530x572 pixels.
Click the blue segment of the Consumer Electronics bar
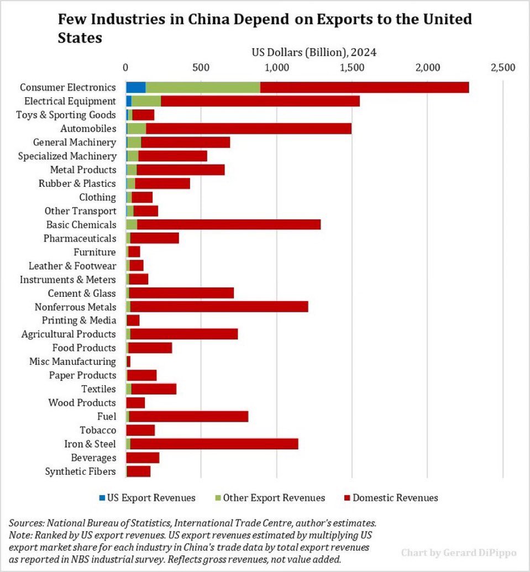(x=136, y=87)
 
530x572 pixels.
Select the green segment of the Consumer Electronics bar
(x=203, y=87)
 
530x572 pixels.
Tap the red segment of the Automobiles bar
(x=249, y=129)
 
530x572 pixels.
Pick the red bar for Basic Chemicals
(x=229, y=224)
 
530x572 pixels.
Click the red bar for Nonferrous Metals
(x=219, y=307)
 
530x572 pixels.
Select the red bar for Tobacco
(x=140, y=430)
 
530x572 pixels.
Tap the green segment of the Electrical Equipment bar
(x=146, y=101)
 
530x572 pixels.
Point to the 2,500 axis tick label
(x=502, y=67)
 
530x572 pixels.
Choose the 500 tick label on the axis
(x=201, y=67)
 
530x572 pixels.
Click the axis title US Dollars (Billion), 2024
(x=314, y=53)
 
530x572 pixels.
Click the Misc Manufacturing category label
(x=72, y=361)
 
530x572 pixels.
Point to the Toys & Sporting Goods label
(x=67, y=115)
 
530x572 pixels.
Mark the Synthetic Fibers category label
(x=81, y=471)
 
